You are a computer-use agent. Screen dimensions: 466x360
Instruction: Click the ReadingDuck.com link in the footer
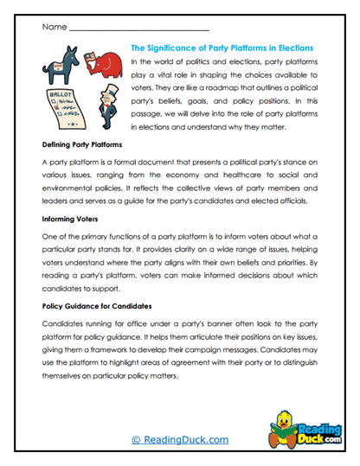pyautogui.click(x=179, y=440)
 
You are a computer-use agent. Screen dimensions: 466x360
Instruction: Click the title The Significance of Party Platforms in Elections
pyautogui.click(x=221, y=48)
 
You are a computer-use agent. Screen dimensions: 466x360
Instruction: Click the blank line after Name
pyautogui.click(x=138, y=27)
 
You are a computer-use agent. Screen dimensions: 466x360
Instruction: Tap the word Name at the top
pyautogui.click(x=53, y=27)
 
